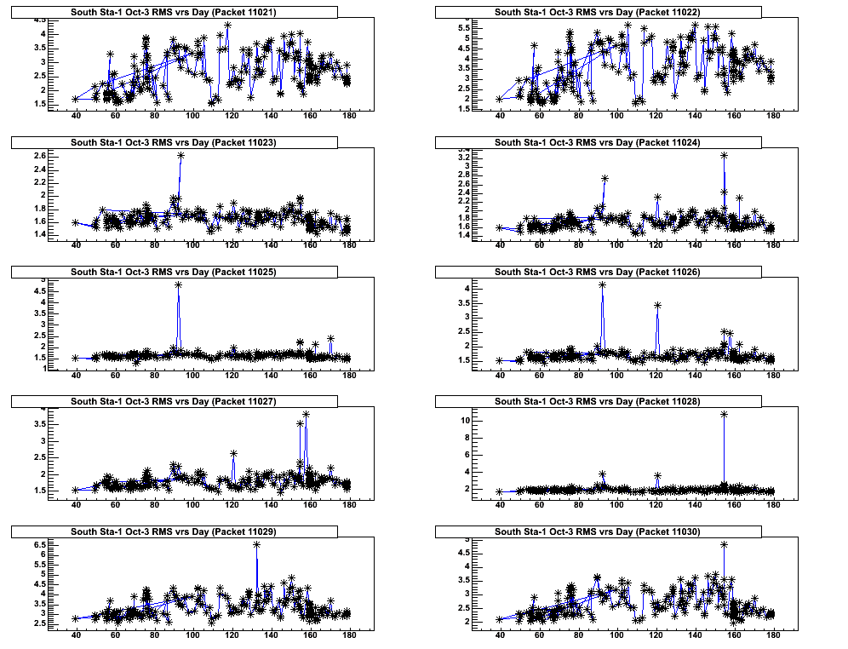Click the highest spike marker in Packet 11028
coord(724,414)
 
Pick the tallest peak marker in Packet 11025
coord(178,284)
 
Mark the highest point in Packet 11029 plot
coord(256,544)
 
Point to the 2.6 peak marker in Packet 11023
coord(180,155)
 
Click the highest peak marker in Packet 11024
coord(724,155)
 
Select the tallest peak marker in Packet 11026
coord(602,285)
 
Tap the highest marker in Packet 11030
coord(724,544)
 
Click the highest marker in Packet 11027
coord(306,414)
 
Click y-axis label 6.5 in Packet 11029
coord(40,543)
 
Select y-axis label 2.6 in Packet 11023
coord(40,156)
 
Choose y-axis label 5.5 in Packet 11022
coord(464,28)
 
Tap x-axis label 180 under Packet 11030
coord(773,635)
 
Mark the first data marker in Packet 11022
coord(500,99)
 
